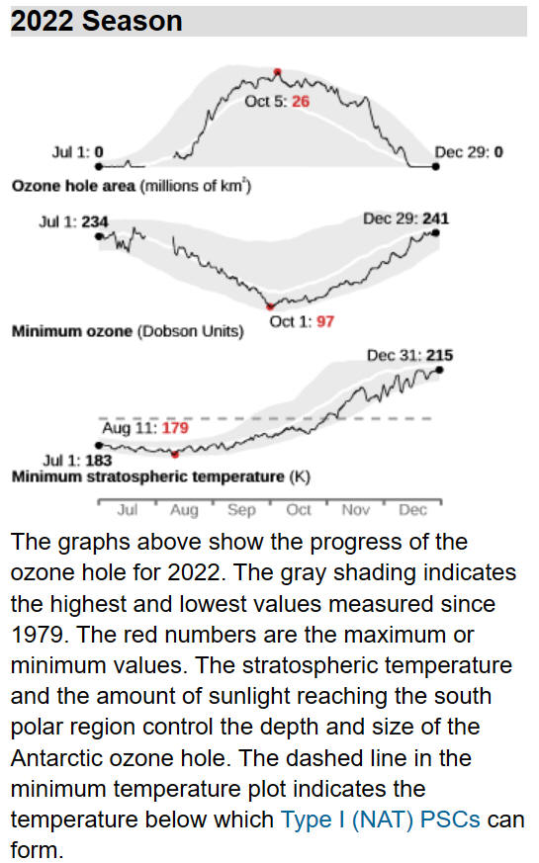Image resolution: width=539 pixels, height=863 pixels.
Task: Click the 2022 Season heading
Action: (x=96, y=21)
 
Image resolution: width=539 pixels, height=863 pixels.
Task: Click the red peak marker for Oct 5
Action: (x=278, y=71)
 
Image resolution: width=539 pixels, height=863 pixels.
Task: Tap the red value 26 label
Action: (x=301, y=101)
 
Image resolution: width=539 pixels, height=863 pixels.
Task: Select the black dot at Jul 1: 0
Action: (x=99, y=166)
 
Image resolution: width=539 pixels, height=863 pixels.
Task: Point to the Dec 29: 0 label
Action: (x=469, y=152)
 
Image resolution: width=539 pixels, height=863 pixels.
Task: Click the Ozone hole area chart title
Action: (x=132, y=186)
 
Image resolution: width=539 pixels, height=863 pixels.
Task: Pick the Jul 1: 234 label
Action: (x=73, y=221)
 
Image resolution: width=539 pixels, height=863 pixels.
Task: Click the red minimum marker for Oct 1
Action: (x=270, y=306)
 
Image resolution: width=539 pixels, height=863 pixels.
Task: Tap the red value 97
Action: (x=325, y=321)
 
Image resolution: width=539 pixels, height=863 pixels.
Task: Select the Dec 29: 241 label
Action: (x=405, y=218)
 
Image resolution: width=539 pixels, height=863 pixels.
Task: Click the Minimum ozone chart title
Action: (x=128, y=331)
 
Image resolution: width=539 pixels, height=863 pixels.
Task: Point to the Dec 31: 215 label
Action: (x=410, y=355)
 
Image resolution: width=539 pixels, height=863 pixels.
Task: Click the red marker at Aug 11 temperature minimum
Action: (x=175, y=454)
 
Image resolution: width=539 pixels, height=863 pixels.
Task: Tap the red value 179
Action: (x=175, y=428)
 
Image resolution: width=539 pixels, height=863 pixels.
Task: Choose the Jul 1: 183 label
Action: (x=77, y=460)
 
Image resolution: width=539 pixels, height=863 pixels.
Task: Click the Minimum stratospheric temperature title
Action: (x=161, y=476)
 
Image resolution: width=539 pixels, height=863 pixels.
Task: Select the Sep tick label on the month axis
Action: (x=241, y=510)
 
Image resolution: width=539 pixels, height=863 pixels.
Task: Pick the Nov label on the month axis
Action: (x=356, y=510)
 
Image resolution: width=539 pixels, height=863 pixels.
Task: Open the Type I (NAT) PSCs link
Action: (x=381, y=820)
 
